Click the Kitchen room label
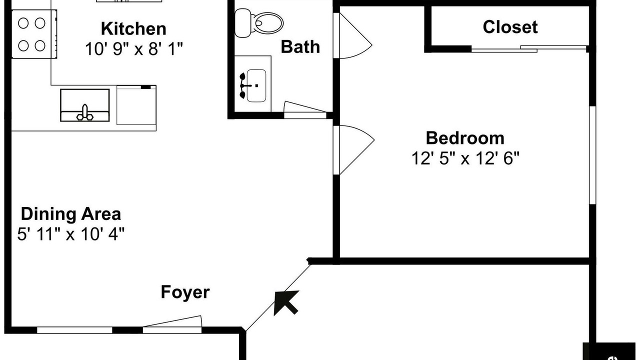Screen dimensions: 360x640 click(x=133, y=28)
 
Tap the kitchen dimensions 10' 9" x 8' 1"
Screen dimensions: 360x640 click(x=134, y=48)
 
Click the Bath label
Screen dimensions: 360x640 click(x=300, y=47)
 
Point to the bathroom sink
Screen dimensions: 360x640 click(x=256, y=85)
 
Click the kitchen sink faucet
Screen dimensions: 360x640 click(x=85, y=112)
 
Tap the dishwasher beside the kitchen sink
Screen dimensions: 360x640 click(x=136, y=105)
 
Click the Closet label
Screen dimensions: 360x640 click(x=510, y=27)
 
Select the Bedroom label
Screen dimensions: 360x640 click(x=464, y=137)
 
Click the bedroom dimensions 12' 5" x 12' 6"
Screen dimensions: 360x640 click(x=465, y=158)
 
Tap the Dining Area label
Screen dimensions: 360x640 click(x=70, y=214)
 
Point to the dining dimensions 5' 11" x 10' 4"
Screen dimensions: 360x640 click(x=70, y=234)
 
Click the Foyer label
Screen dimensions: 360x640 click(x=185, y=292)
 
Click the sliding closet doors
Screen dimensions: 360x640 click(x=529, y=48)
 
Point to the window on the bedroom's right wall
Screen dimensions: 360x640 click(x=592, y=155)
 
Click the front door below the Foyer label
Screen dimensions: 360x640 click(x=172, y=325)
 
